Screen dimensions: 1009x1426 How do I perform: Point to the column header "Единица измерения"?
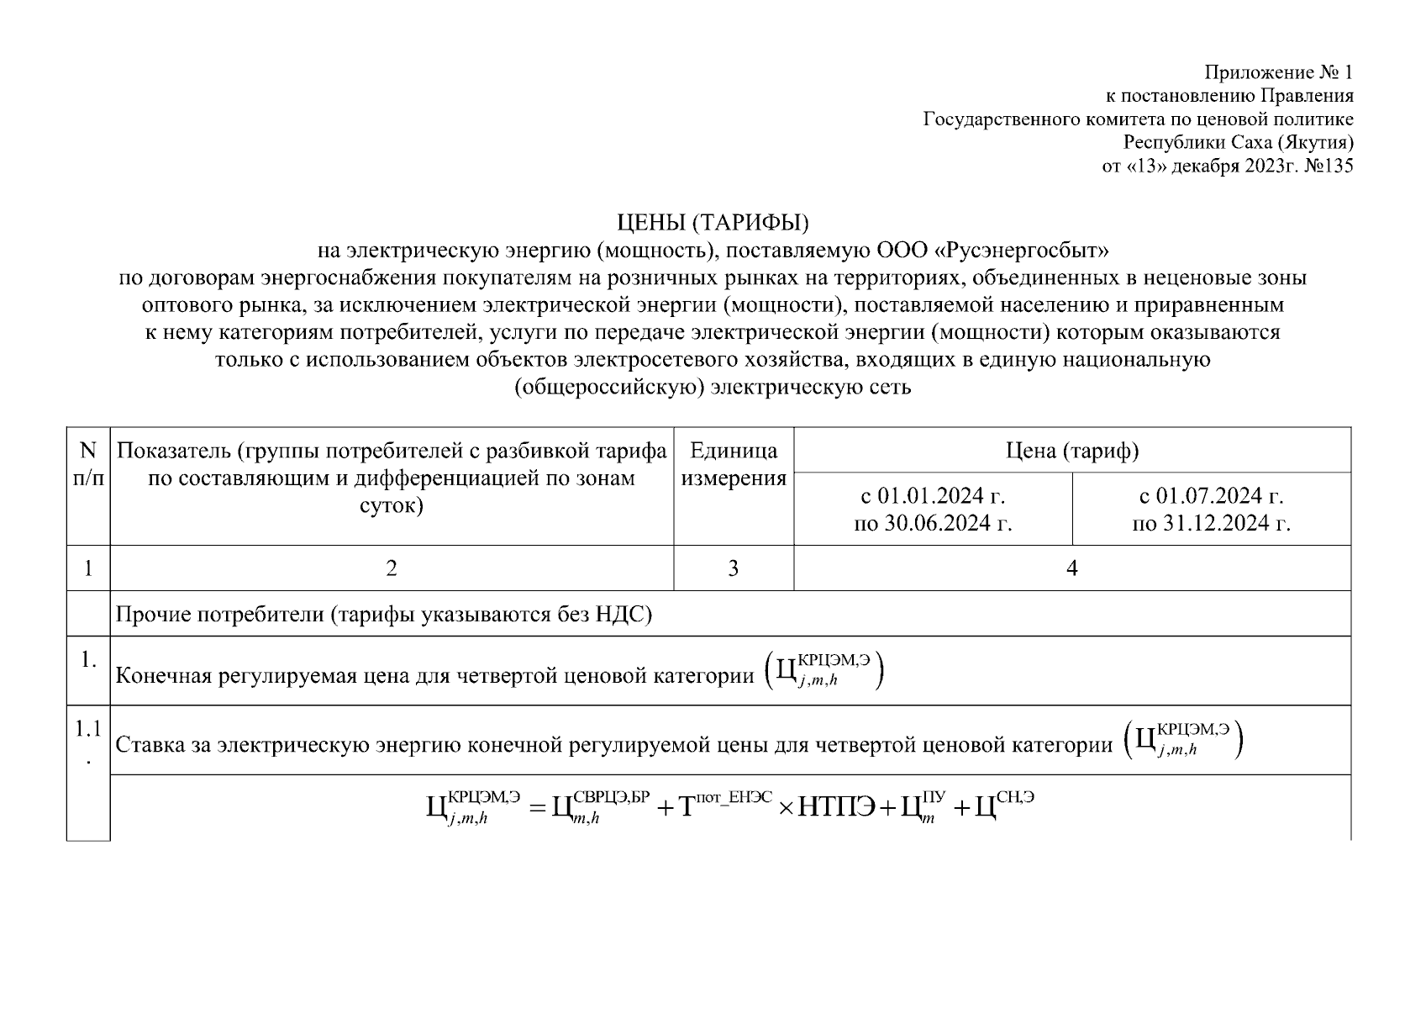click(x=734, y=465)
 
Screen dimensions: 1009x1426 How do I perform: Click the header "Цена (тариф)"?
click(x=1072, y=451)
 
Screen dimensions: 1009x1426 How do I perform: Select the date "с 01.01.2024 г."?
click(x=933, y=495)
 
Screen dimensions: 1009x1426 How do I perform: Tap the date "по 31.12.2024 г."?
click(x=1211, y=524)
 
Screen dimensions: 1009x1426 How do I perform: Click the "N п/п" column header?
click(x=88, y=465)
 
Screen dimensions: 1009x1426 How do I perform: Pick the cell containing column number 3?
click(x=734, y=568)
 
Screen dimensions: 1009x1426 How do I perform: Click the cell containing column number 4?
click(x=1072, y=568)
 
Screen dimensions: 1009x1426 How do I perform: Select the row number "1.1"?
click(x=88, y=729)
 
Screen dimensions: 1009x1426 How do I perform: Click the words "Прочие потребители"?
click(x=219, y=615)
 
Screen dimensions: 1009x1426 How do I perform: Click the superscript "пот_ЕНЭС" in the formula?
click(x=733, y=795)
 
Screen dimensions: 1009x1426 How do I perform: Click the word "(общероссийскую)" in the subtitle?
click(x=609, y=388)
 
